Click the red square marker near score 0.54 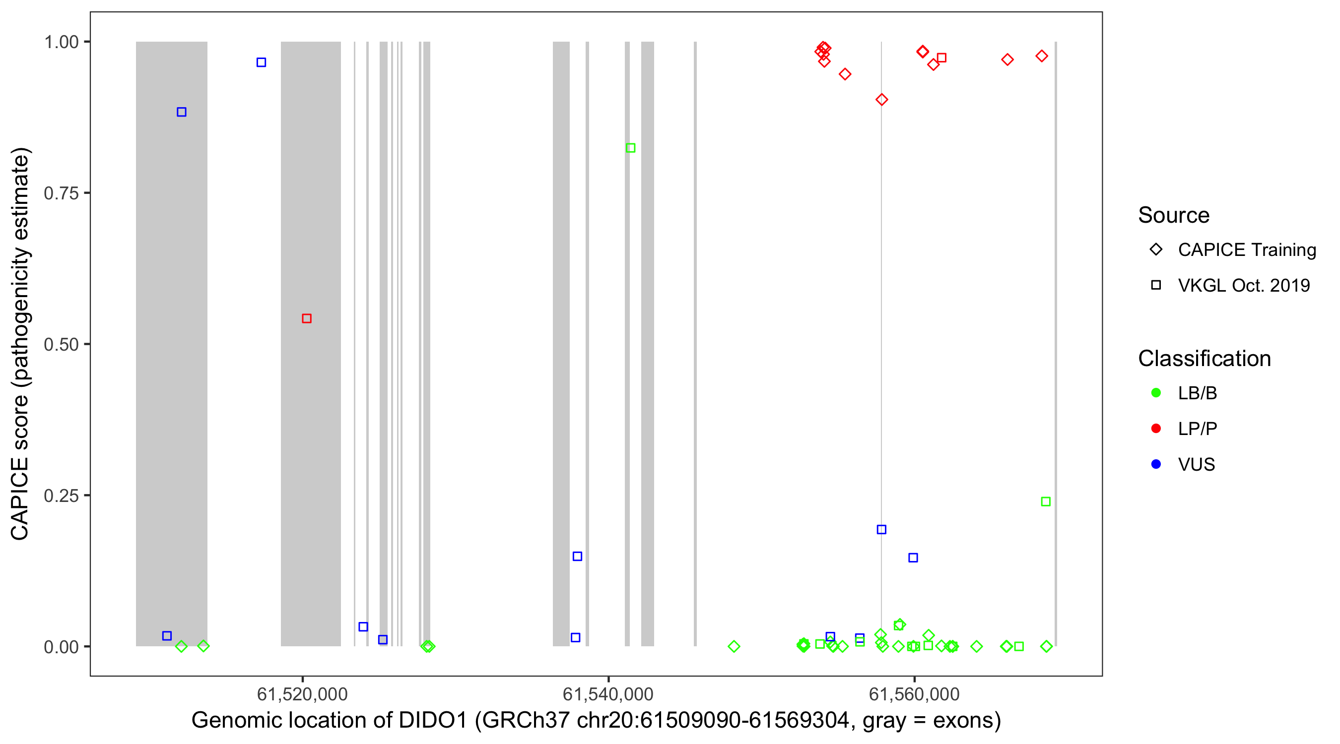[x=306, y=318]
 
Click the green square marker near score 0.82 [x=630, y=148]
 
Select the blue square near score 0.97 [x=261, y=62]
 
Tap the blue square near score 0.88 [x=181, y=112]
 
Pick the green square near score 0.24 [x=1046, y=502]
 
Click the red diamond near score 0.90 [x=881, y=100]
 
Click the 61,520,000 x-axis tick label [x=302, y=694]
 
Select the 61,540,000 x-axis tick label [x=608, y=694]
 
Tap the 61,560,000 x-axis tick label [x=914, y=694]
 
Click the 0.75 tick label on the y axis [x=62, y=193]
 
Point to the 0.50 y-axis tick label [x=62, y=345]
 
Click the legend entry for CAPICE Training [x=1246, y=250]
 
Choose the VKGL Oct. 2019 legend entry [x=1243, y=285]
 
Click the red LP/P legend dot [x=1156, y=429]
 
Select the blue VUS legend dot [x=1156, y=464]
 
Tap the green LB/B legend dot [x=1156, y=393]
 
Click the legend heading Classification [x=1204, y=359]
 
